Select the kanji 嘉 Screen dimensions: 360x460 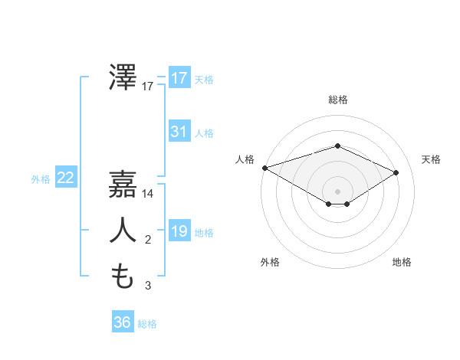click(x=123, y=185)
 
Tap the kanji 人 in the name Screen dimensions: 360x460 click(x=123, y=231)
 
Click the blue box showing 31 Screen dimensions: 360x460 click(x=179, y=132)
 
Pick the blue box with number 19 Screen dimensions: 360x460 click(x=179, y=231)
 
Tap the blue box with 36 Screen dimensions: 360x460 click(x=122, y=322)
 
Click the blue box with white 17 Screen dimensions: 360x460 click(x=179, y=78)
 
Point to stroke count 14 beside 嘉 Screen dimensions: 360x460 click(x=148, y=195)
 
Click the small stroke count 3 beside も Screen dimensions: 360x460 click(x=148, y=286)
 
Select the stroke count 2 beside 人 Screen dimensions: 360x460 click(x=148, y=241)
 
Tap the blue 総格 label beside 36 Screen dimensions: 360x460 click(x=147, y=324)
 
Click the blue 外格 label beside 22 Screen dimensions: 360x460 click(x=41, y=179)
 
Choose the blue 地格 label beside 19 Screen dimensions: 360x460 click(x=204, y=233)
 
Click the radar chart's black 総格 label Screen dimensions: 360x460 click(x=338, y=100)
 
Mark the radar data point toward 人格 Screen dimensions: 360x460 click(x=264, y=167)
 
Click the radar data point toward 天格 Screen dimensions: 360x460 click(x=396, y=172)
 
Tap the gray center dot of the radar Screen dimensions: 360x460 click(x=338, y=191)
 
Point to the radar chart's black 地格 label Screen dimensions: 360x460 click(x=402, y=262)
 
